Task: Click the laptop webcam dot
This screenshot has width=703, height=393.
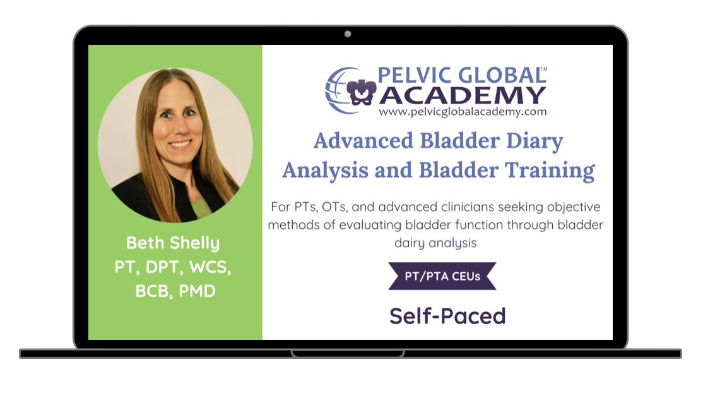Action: (348, 33)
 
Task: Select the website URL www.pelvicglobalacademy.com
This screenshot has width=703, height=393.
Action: (463, 111)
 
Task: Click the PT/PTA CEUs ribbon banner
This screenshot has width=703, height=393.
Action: (442, 276)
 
